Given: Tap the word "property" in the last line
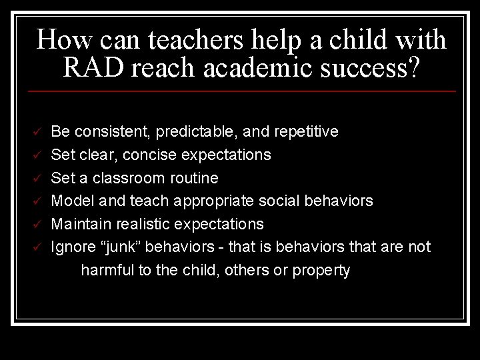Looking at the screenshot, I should pyautogui.click(x=322, y=271).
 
